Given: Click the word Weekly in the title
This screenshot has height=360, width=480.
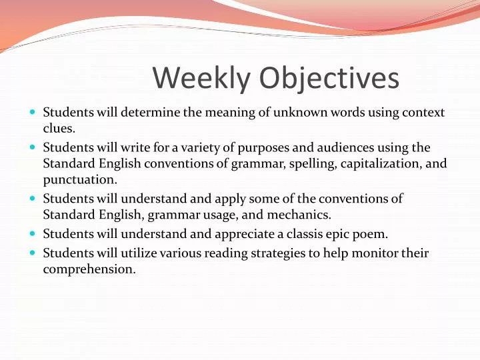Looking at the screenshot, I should pyautogui.click(x=201, y=79).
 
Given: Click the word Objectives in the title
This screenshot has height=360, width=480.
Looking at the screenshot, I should pyautogui.click(x=329, y=79).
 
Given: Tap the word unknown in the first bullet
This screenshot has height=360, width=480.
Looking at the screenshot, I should pyautogui.click(x=289, y=112).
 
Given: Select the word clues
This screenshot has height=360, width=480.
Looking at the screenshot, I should pyautogui.click(x=59, y=129).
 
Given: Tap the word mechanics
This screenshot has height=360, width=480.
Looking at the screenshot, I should pyautogui.click(x=299, y=215).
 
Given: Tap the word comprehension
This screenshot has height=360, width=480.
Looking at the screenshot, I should pyautogui.click(x=89, y=269).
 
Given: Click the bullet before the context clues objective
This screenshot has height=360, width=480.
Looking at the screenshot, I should pyautogui.click(x=34, y=112).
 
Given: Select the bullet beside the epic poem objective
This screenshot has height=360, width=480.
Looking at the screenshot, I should pyautogui.click(x=34, y=233).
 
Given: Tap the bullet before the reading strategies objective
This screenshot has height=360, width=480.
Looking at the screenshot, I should pyautogui.click(x=34, y=253).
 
